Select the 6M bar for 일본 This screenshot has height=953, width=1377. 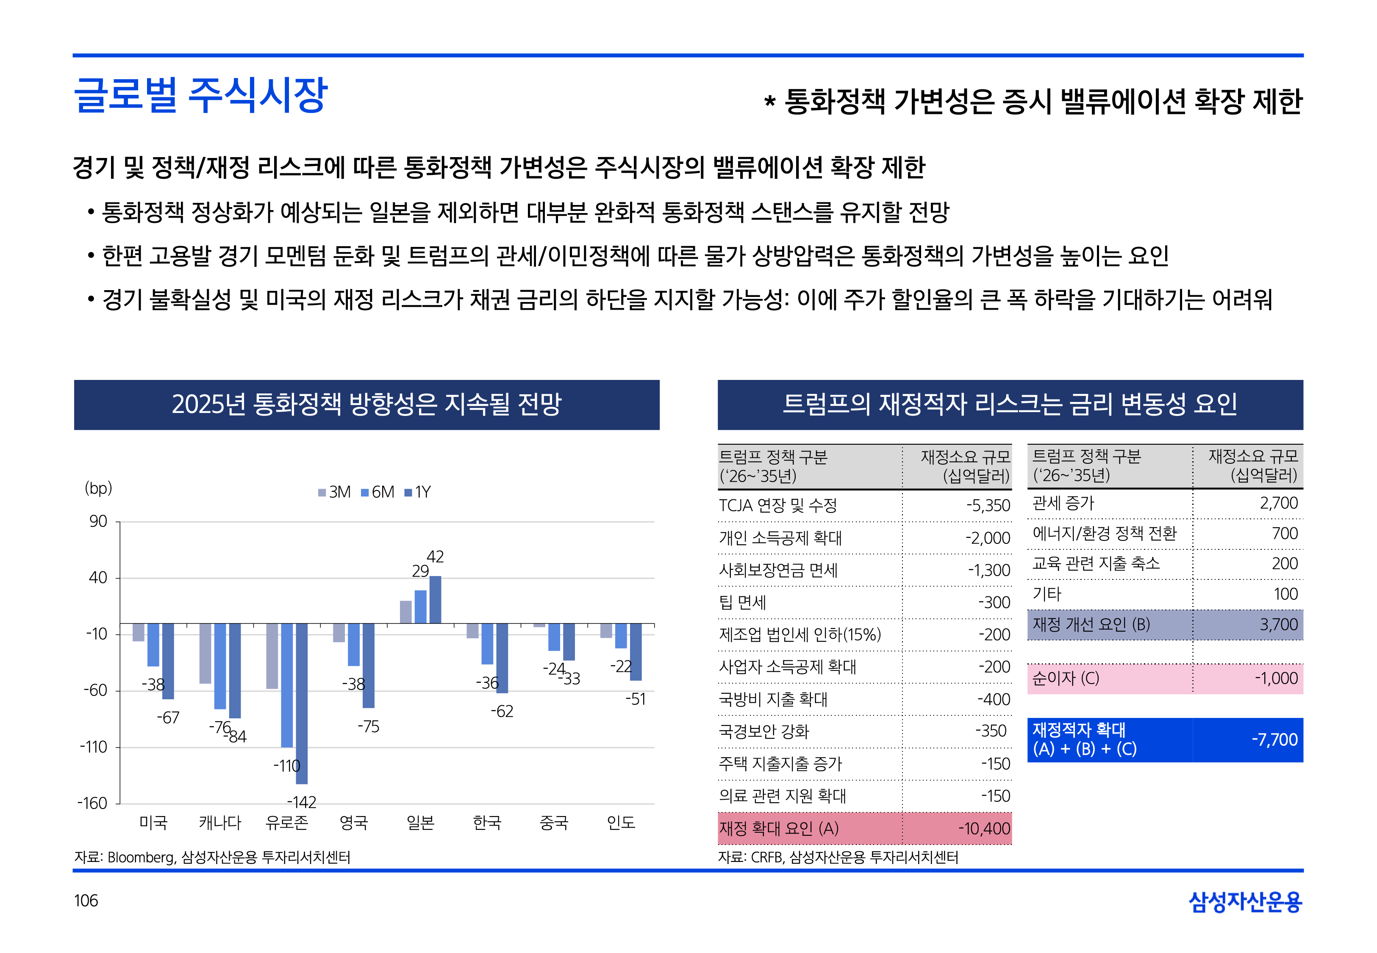tap(420, 607)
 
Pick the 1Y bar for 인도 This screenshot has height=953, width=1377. tap(636, 651)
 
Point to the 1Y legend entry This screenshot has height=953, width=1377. tap(418, 492)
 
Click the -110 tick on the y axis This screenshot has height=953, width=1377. tap(94, 747)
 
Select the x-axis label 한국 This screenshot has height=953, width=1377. tap(487, 823)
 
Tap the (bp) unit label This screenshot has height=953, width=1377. tap(99, 488)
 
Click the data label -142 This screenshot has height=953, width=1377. tap(302, 802)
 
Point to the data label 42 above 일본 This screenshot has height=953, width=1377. tap(435, 557)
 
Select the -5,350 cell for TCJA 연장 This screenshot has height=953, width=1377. tap(988, 506)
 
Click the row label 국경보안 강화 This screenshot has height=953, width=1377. tap(764, 731)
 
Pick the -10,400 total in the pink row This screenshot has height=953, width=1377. tap(984, 829)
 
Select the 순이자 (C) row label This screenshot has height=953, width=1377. tap(1066, 679)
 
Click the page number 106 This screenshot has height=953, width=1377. tap(86, 900)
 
